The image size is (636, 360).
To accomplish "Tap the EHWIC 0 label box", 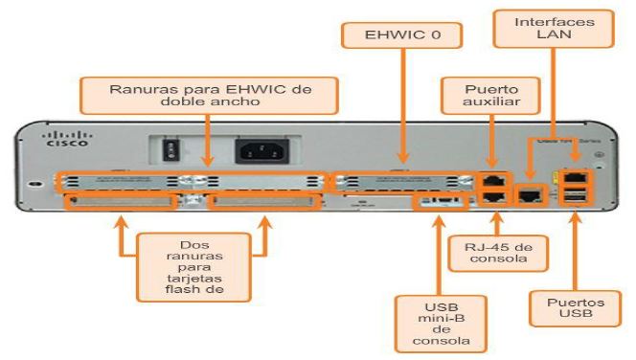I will pyautogui.click(x=402, y=36).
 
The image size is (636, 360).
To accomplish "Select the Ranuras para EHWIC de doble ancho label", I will pyautogui.click(x=209, y=93).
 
